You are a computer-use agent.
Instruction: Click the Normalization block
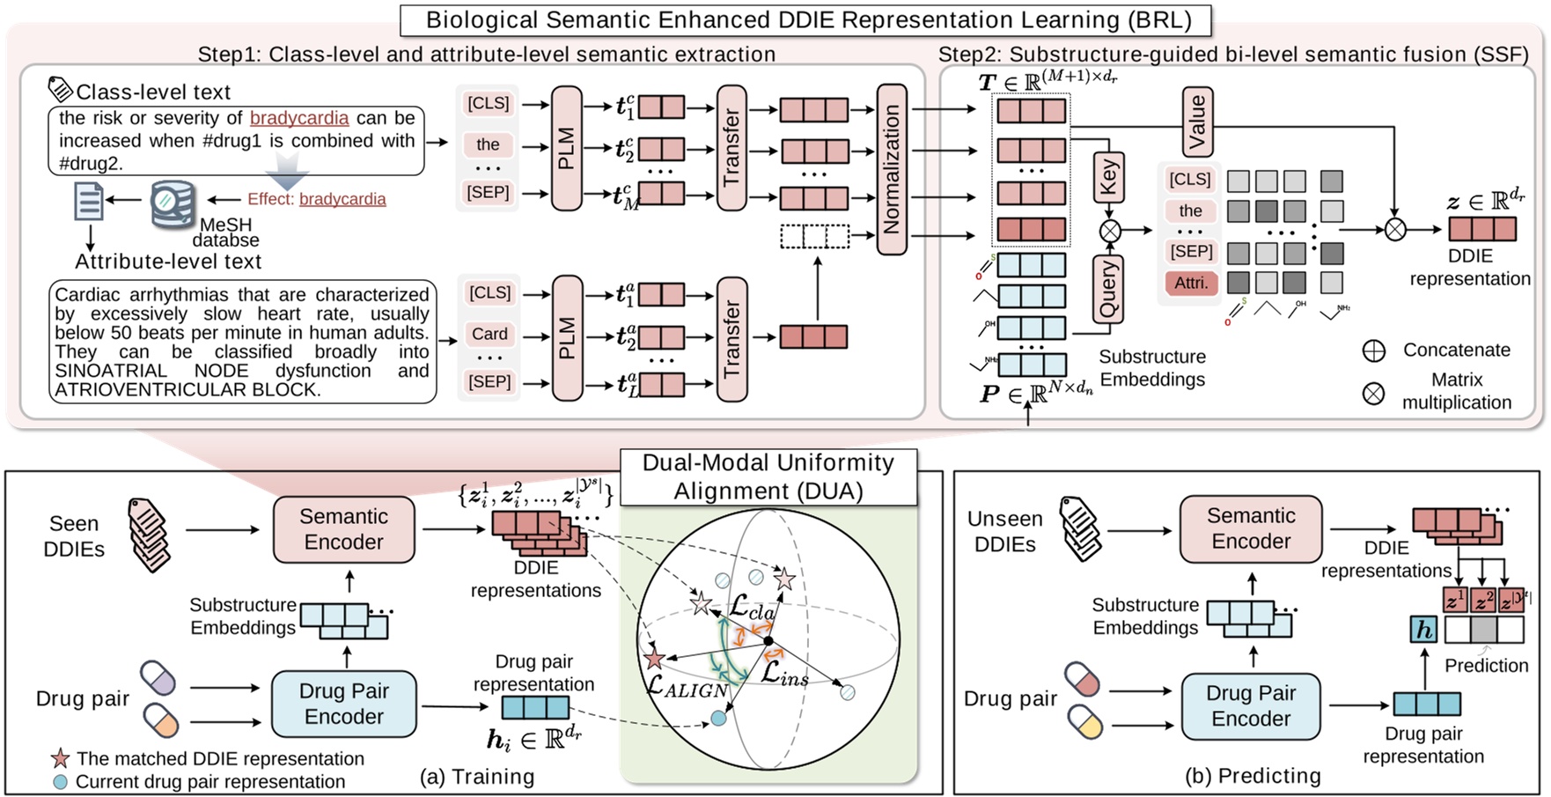(892, 169)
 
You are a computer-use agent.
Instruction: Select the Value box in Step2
(1196, 122)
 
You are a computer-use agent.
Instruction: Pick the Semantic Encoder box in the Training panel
(343, 529)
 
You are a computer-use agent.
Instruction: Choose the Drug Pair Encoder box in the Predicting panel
(1250, 706)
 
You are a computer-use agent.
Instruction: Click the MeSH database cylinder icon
(173, 203)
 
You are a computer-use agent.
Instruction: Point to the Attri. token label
(1192, 283)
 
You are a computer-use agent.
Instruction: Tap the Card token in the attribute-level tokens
(489, 334)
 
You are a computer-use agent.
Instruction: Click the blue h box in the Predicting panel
(1423, 629)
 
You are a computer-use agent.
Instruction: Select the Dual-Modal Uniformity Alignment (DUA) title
(768, 476)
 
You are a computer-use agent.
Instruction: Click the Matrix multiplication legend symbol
(1373, 393)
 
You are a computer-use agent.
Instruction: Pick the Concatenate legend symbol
(1373, 351)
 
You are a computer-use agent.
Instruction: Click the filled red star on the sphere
(653, 659)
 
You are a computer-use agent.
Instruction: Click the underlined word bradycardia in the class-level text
(299, 118)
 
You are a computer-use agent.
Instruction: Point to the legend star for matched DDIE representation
(60, 758)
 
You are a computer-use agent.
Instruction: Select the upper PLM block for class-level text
(567, 148)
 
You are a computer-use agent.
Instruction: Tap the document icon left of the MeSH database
(89, 201)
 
